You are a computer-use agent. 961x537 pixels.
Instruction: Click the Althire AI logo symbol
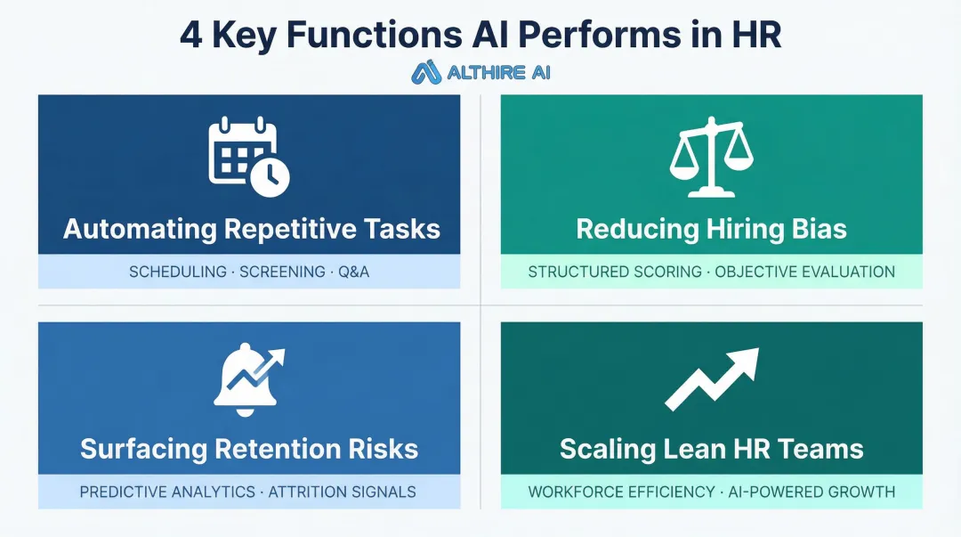coord(427,72)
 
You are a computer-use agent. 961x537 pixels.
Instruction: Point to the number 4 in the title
coord(190,34)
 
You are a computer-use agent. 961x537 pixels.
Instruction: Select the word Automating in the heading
coord(139,229)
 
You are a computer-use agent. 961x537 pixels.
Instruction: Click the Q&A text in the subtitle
coord(353,272)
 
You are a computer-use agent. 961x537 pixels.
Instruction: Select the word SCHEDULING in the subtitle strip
coord(178,272)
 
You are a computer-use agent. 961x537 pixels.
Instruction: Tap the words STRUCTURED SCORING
coord(615,272)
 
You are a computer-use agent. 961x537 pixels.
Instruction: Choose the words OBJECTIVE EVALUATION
coord(805,272)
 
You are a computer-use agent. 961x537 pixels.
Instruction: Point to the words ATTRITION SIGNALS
coord(343,492)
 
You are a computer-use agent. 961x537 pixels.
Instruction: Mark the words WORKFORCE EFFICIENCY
coord(621,492)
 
